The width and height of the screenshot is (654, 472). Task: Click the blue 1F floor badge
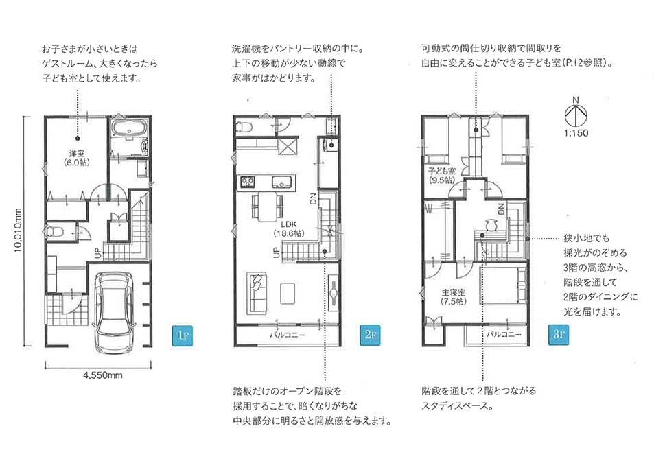point(183,335)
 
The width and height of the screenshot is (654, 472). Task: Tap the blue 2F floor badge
point(370,335)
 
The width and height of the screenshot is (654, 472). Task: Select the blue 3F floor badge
point(559,335)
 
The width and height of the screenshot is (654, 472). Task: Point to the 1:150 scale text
point(576,133)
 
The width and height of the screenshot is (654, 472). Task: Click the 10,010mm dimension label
point(18,230)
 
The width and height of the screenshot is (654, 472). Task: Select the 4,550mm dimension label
point(103,375)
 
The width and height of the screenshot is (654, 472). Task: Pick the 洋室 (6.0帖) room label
point(77,158)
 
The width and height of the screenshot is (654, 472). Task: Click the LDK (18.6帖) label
point(288,229)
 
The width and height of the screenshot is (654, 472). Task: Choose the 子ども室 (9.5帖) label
point(442,176)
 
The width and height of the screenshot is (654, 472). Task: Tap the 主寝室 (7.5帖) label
point(454,296)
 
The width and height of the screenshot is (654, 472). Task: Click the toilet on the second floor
point(244,127)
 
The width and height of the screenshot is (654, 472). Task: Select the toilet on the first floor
point(52,232)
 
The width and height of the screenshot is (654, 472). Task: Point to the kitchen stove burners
point(247,181)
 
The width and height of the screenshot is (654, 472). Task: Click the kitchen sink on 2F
point(283,182)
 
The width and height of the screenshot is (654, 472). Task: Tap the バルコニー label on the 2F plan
point(287,335)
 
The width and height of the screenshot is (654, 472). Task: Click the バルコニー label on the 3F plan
point(504,334)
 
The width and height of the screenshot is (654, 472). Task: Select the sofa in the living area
point(256,293)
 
